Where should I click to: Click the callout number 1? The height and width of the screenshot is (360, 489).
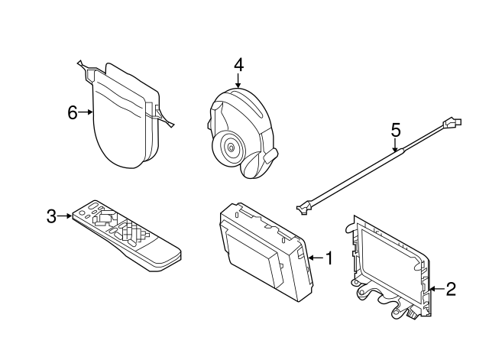coord(329,258)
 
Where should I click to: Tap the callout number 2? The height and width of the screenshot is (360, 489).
coord(451,289)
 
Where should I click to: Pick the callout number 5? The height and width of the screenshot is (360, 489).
coord(396,130)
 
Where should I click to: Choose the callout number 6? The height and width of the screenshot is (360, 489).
coord(73,113)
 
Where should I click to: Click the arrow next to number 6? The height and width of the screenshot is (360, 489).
coord(86,113)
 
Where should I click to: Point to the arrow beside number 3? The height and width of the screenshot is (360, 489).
coord(66,216)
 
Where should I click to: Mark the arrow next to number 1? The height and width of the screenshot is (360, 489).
coord(316,258)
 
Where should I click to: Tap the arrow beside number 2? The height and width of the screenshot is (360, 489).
coord(436,289)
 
